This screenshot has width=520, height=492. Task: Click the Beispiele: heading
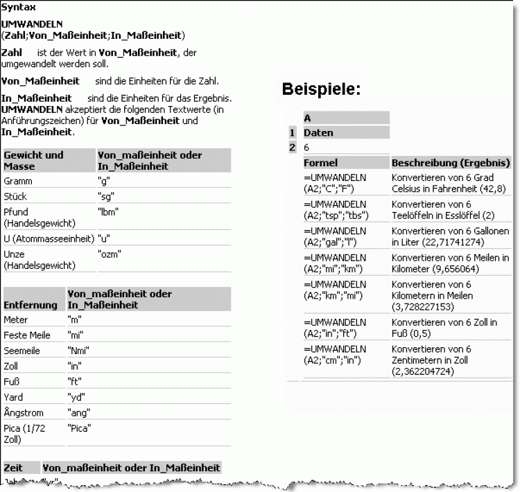pyautogui.click(x=321, y=89)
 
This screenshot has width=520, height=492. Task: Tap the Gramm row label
pyautogui.click(x=18, y=181)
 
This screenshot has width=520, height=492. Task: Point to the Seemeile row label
pyautogui.click(x=21, y=351)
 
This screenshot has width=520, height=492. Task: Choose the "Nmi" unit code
pyautogui.click(x=78, y=351)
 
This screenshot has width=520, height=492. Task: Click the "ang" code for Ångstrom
pyautogui.click(x=79, y=413)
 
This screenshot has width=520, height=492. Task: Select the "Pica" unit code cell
pyautogui.click(x=80, y=428)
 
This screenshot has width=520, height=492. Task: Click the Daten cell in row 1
pyautogui.click(x=318, y=132)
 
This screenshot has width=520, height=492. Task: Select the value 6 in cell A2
pyautogui.click(x=306, y=147)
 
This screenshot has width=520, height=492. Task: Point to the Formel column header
pyautogui.click(x=321, y=163)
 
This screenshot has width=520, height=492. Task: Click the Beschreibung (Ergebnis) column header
pyautogui.click(x=451, y=163)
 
